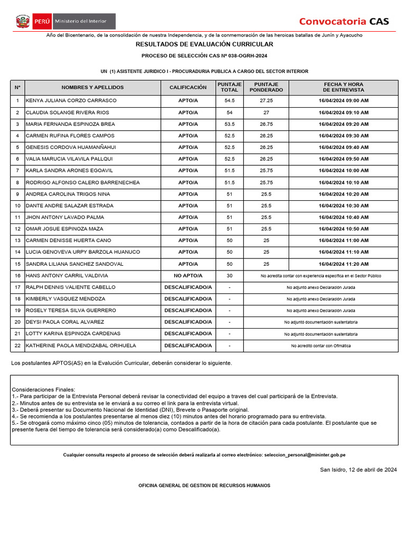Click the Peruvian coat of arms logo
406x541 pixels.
pyautogui.click(x=23, y=22)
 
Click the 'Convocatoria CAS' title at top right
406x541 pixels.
pyautogui.click(x=344, y=21)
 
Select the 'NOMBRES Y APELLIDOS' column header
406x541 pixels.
pyautogui.click(x=93, y=87)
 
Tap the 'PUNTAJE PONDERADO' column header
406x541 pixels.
pyautogui.click(x=266, y=87)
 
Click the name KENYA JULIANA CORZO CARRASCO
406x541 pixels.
pyautogui.click(x=71, y=100)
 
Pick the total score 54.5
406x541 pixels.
pyautogui.click(x=229, y=100)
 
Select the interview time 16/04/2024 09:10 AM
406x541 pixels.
pyautogui.click(x=344, y=113)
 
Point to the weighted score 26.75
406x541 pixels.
pyautogui.click(x=266, y=124)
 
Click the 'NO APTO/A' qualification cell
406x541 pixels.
pyautogui.click(x=188, y=276)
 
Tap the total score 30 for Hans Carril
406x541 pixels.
pyautogui.click(x=229, y=276)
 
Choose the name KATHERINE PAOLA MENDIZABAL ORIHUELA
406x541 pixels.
pyautogui.click(x=81, y=346)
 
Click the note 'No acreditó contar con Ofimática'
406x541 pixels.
pyautogui.click(x=320, y=346)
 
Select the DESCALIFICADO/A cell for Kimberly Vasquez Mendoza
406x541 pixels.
pyautogui.click(x=188, y=299)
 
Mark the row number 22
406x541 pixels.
pyautogui.click(x=17, y=346)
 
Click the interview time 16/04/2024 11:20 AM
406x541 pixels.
pyautogui.click(x=344, y=264)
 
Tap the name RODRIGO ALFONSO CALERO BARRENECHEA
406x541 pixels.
pyautogui.click(x=83, y=182)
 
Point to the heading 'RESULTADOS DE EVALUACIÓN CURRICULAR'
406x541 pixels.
pyautogui.click(x=205, y=44)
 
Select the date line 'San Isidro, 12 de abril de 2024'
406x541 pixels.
pyautogui.click(x=358, y=470)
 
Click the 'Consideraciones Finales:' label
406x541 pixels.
pyautogui.click(x=43, y=389)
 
